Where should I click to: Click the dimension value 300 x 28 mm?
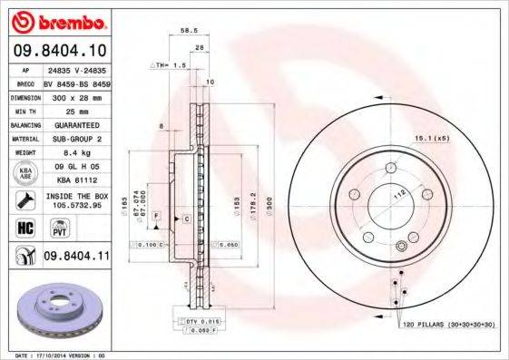(x=76, y=94)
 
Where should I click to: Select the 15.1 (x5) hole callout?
(x=432, y=138)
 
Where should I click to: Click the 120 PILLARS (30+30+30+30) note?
(x=442, y=324)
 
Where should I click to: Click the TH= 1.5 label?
(x=168, y=66)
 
